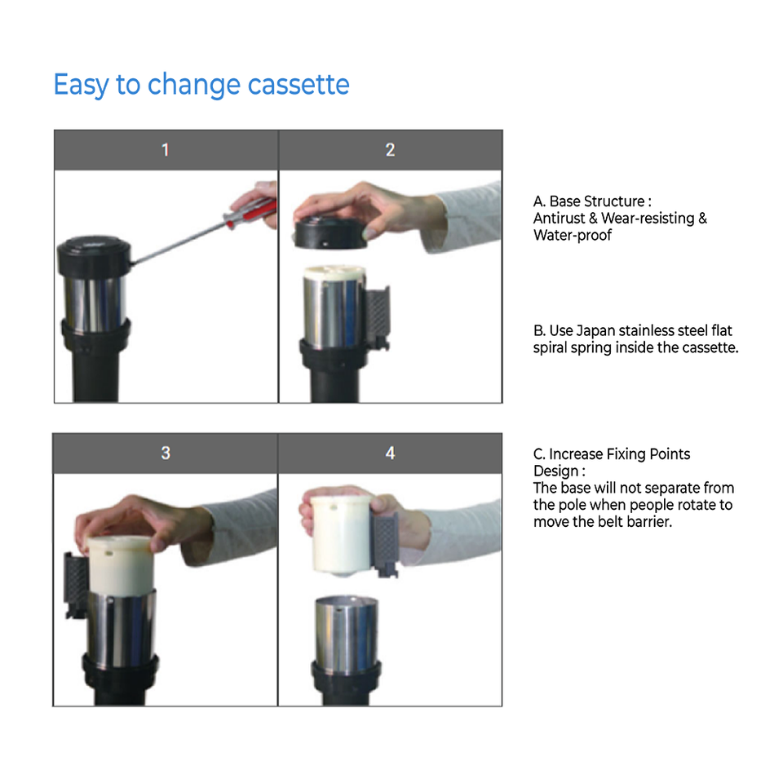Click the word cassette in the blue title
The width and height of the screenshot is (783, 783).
click(299, 84)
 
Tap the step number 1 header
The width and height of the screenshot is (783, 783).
click(166, 150)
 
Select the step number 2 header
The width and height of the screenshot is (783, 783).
click(391, 150)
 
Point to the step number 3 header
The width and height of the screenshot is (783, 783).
click(166, 453)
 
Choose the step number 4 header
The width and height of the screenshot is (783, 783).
click(390, 453)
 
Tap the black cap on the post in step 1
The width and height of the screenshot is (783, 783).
click(94, 255)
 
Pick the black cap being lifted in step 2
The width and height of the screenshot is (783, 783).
click(330, 234)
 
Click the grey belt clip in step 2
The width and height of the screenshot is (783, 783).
click(378, 315)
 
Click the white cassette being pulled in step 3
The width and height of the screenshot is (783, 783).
click(120, 564)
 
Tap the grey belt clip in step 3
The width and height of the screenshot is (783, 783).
click(77, 584)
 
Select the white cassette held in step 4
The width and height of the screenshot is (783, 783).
click(342, 533)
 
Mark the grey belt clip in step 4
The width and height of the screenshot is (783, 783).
click(386, 543)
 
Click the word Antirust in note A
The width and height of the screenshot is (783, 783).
click(559, 219)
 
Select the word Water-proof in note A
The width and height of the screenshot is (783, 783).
click(573, 235)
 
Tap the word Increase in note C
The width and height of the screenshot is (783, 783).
click(576, 454)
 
